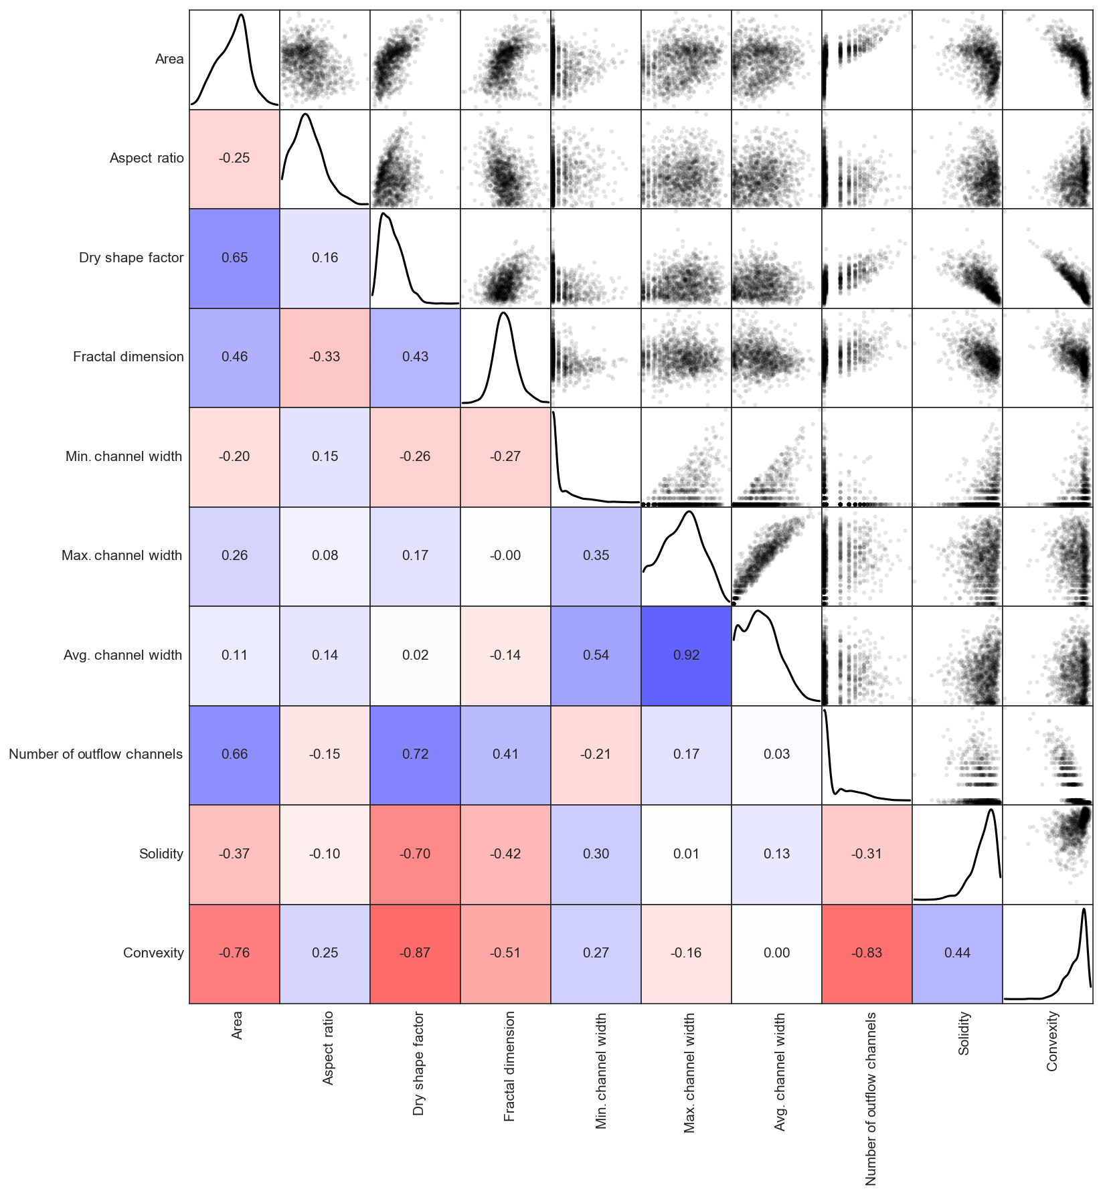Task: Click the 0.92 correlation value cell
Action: click(686, 655)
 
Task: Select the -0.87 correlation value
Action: click(415, 953)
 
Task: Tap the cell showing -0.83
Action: click(867, 953)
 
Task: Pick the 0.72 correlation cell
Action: click(415, 754)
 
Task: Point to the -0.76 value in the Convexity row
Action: click(234, 953)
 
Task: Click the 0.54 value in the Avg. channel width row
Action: click(596, 655)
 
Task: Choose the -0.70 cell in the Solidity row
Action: click(415, 854)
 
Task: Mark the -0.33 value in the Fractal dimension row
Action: click(325, 357)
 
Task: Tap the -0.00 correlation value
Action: click(505, 555)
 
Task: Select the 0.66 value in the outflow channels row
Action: click(234, 754)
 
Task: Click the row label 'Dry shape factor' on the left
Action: click(131, 258)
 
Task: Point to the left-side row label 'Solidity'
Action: click(161, 854)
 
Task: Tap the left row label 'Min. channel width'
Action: click(124, 456)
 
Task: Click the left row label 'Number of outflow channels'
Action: click(96, 754)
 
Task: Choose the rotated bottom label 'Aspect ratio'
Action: click(328, 1048)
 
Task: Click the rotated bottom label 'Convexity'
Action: click(1052, 1040)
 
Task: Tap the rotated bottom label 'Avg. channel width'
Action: click(780, 1071)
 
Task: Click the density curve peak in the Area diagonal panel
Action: click(241, 15)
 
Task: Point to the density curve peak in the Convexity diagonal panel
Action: click(1084, 909)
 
